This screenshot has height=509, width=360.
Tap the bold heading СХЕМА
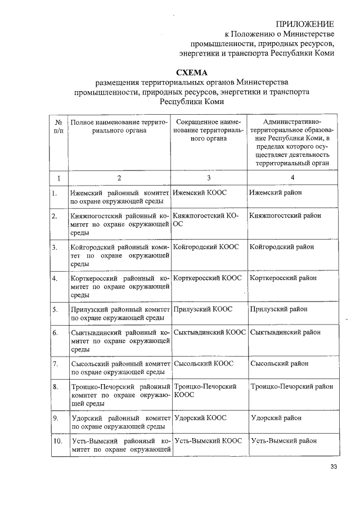192,73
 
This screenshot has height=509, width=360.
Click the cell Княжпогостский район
285,215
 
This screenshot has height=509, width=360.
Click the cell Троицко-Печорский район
292,386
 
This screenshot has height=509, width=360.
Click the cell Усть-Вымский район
285,441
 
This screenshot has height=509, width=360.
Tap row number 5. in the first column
55,309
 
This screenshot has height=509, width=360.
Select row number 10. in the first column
57,441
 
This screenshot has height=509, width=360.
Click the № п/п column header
58,126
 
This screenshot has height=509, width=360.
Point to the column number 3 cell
209,178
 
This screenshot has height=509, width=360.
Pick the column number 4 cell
292,178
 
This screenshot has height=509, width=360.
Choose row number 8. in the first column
55,386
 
